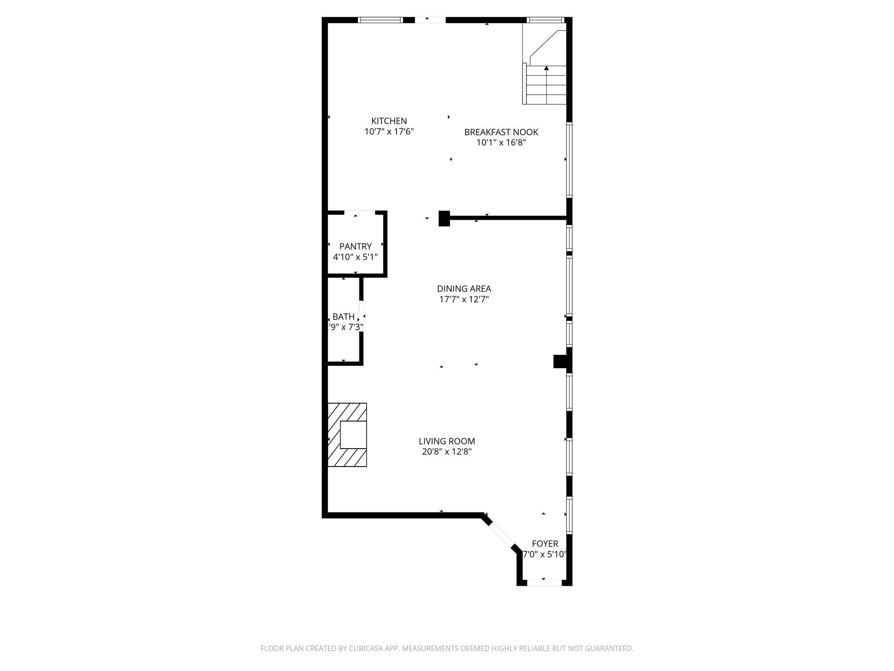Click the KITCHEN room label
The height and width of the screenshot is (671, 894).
[389, 121]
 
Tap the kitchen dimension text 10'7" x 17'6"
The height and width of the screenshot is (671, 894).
[389, 131]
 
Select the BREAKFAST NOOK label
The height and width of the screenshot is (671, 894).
[501, 132]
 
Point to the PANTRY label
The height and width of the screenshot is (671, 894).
[355, 246]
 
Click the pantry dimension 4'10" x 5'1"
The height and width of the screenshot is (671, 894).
[355, 257]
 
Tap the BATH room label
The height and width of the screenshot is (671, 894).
[343, 317]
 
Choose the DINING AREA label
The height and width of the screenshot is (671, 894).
[464, 289]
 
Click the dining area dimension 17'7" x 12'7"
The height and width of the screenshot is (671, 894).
[464, 299]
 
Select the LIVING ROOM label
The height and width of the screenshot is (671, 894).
[447, 441]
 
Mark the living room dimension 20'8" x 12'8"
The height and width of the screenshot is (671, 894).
[447, 452]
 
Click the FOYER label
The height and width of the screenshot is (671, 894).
[545, 543]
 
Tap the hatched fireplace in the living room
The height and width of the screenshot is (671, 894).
[347, 434]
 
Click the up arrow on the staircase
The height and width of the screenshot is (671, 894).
[547, 68]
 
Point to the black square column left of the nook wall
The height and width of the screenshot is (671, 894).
[444, 218]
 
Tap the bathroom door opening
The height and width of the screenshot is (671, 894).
[361, 315]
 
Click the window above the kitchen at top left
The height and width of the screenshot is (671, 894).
[380, 20]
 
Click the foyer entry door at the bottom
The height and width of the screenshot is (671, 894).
[544, 582]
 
